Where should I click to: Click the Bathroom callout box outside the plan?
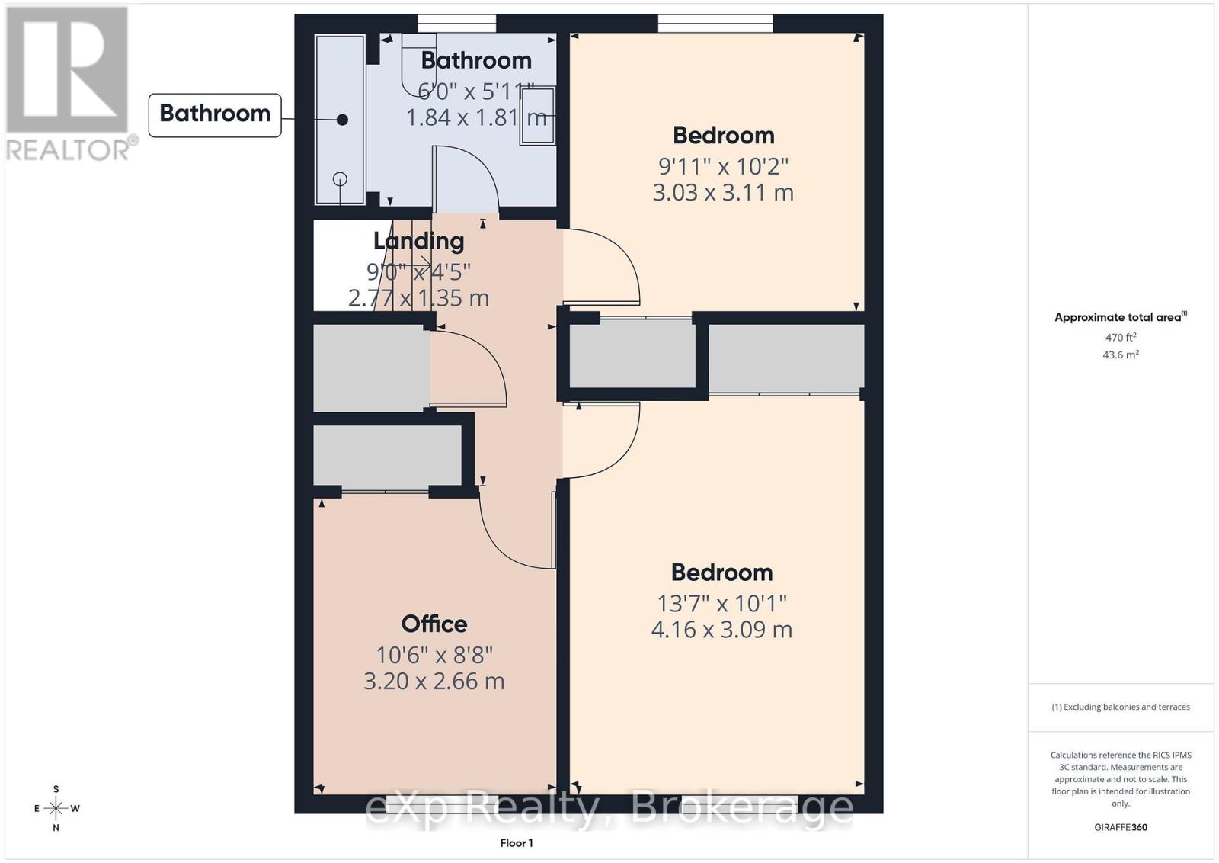215,115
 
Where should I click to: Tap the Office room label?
434,624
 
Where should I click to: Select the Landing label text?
418,241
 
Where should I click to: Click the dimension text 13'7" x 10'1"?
722,603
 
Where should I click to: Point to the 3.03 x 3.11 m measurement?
723,193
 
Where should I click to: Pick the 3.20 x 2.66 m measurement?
434,681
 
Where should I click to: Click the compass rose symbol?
56,808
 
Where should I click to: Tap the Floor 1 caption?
517,843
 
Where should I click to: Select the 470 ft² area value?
1121,337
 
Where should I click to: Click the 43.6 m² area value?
1121,355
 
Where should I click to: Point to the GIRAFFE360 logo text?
1121,827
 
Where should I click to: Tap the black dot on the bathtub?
342,120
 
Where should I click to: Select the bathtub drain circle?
340,178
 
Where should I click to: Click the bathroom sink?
538,115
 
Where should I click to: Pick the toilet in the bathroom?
419,63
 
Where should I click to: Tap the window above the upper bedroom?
715,24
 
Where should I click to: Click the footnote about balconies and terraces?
1121,707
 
